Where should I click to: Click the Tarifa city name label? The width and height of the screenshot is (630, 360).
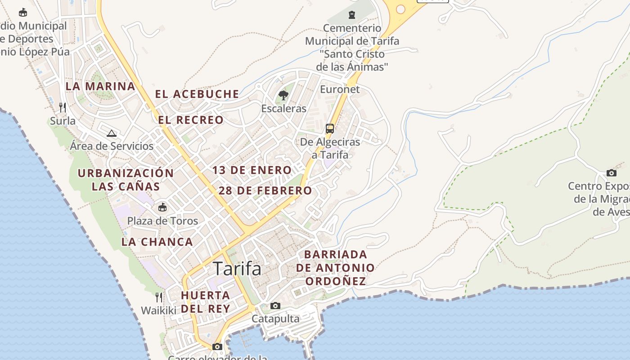coord(237,269)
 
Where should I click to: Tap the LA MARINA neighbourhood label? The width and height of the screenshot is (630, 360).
coord(100,86)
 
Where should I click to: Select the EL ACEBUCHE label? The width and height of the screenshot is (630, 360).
coord(197,94)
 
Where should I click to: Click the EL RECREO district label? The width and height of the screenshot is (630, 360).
coord(191,120)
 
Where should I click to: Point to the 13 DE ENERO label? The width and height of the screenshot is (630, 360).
coord(252,170)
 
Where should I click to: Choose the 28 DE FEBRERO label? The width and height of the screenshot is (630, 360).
coord(265,190)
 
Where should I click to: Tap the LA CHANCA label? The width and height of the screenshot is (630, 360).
coord(157,242)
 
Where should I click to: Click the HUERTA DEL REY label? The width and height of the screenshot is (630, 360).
coord(206,302)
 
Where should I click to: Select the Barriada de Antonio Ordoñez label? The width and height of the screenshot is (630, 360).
coord(335,268)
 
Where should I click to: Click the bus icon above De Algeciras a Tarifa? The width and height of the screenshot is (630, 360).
coord(330,129)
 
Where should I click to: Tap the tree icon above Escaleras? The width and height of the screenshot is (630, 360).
coord(283,95)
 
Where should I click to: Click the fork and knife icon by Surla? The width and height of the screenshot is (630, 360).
coord(63,107)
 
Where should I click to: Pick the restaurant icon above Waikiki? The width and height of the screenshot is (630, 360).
coord(159,297)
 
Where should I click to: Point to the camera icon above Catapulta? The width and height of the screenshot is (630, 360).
coord(275,306)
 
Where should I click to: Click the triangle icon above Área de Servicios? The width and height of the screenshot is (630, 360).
coord(112,133)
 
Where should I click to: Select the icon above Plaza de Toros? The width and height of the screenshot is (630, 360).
coord(162,207)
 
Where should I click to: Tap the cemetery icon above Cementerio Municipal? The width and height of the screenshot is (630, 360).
coord(352,14)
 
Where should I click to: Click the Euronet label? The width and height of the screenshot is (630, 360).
coord(340,89)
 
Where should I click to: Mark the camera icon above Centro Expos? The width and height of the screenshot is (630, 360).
coord(611,173)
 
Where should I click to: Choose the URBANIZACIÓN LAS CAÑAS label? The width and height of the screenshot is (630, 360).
coord(126,180)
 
